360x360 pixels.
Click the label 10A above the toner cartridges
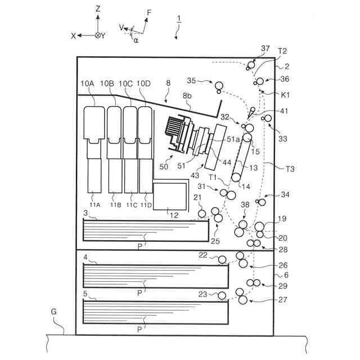[x=87, y=84]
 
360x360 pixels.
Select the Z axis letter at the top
[x=98, y=8]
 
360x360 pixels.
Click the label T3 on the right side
[x=291, y=168]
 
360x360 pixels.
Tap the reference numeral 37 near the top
[x=265, y=49]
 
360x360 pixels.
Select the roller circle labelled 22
[x=223, y=260]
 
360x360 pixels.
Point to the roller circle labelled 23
[x=223, y=295]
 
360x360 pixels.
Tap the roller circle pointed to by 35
[x=219, y=85]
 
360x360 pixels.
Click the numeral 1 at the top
[x=178, y=18]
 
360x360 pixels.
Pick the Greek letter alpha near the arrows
[x=136, y=40]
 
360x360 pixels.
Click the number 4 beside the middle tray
[x=85, y=258]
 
